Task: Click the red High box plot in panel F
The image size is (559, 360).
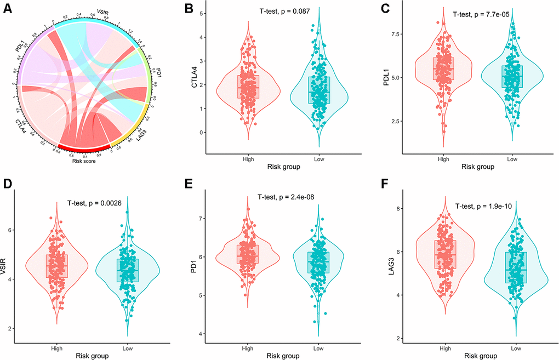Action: click(x=444, y=255)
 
